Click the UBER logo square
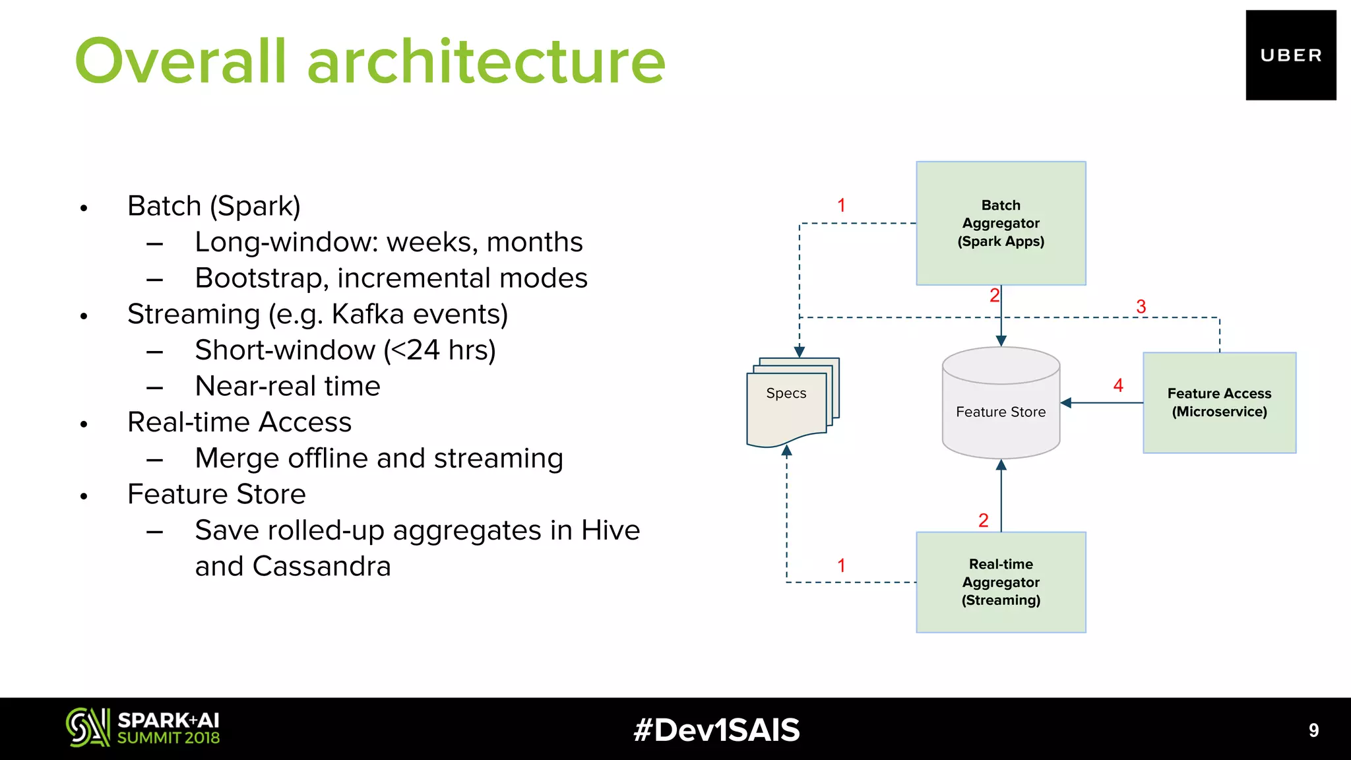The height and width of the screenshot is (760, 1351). tap(1290, 55)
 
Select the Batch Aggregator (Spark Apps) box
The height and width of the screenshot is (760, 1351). tap(1001, 223)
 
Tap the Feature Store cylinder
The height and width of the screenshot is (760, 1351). tap(1001, 404)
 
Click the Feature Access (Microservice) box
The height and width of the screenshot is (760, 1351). tap(1219, 402)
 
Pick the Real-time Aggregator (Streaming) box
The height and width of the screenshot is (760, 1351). tap(1001, 582)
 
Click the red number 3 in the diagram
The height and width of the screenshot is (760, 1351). tap(1141, 307)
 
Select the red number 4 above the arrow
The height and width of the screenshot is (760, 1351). tap(1118, 385)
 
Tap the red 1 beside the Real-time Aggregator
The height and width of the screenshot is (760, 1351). tap(841, 565)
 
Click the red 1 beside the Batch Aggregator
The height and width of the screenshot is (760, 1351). tap(841, 205)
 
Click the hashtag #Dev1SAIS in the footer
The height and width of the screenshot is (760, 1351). tap(716, 730)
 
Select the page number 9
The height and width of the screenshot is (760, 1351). tap(1313, 730)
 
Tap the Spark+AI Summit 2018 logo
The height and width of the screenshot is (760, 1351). tap(142, 728)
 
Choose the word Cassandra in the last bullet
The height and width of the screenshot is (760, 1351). tap(321, 566)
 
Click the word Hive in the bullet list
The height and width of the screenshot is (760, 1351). tap(610, 530)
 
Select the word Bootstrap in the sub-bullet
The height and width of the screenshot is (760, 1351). tap(261, 278)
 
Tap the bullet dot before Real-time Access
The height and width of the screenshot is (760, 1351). tap(84, 424)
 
